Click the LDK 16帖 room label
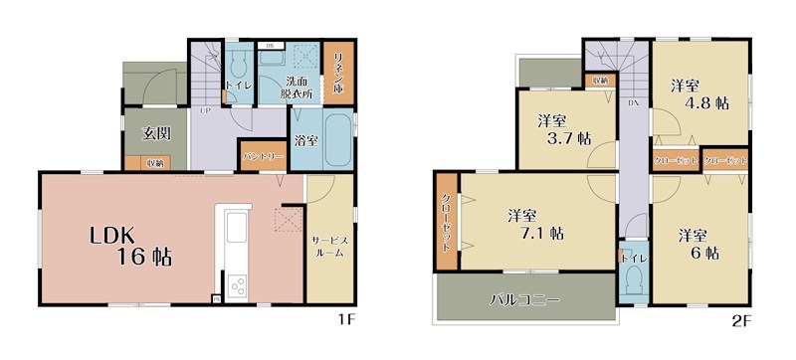pos(132,246)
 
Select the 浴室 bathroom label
pos(306,141)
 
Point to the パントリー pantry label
pos(261,157)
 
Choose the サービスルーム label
pos(328,248)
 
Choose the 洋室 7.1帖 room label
pos(535,224)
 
